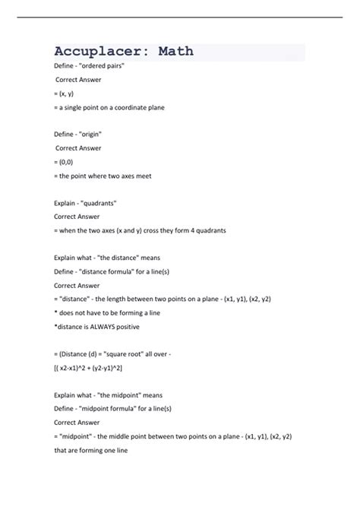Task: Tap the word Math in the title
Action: [x=175, y=52]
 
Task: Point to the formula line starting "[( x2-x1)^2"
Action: [x=88, y=368]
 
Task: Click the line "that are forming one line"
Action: [x=90, y=450]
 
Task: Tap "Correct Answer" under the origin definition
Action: [x=80, y=148]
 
